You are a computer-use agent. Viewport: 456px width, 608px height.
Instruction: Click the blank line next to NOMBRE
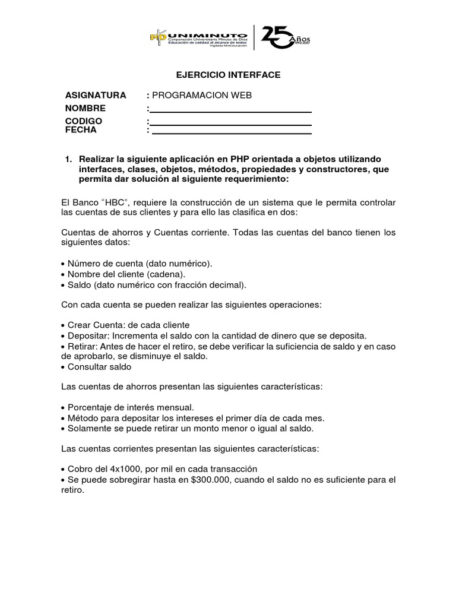coord(231,110)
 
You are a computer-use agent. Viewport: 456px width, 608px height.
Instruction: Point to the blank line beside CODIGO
coord(231,123)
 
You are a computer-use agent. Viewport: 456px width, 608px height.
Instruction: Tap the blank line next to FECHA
coord(231,132)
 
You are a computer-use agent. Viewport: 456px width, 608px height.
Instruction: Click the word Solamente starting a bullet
coord(90,427)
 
